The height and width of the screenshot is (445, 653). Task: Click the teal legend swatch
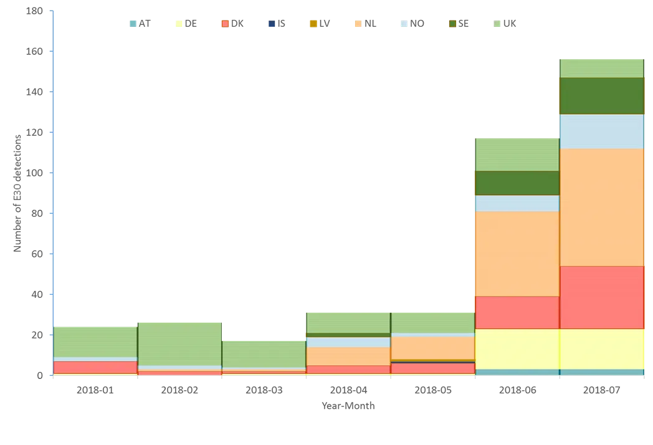tap(133, 24)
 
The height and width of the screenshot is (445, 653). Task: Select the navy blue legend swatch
tap(269, 24)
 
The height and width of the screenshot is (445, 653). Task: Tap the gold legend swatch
tap(313, 24)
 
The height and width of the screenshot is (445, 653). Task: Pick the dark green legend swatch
tap(453, 24)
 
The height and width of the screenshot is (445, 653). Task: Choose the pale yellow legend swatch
tap(179, 24)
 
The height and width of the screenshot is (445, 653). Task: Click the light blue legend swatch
tap(403, 24)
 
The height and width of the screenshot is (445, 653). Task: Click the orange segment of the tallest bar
tap(602, 207)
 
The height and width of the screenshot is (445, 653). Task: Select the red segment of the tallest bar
tap(602, 297)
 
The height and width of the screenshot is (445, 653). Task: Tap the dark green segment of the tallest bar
tap(602, 95)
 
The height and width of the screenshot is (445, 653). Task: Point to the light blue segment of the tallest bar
tap(602, 131)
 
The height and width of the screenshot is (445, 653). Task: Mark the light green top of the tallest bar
tap(602, 67)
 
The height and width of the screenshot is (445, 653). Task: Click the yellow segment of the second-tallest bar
tap(517, 348)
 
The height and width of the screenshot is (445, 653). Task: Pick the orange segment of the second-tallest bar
tap(517, 253)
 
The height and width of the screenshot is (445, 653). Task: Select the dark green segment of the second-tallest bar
tap(517, 183)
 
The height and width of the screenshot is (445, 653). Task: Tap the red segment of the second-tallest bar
tap(517, 312)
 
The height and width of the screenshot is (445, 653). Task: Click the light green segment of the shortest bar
tap(264, 353)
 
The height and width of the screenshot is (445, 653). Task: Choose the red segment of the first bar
tap(95, 367)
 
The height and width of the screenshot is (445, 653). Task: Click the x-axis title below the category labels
tap(349, 408)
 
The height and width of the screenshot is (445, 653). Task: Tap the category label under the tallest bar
tap(602, 390)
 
